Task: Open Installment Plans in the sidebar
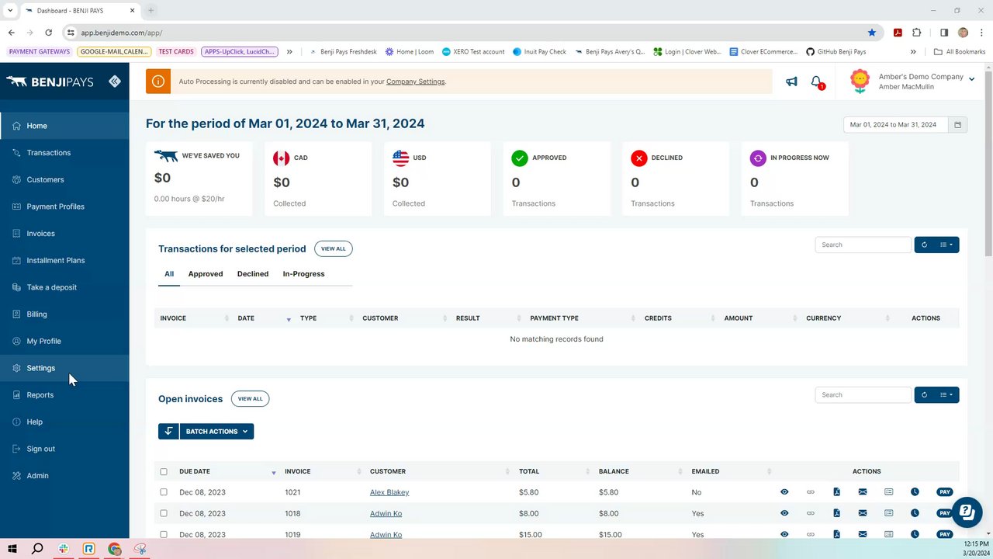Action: click(x=55, y=260)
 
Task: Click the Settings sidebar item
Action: click(x=40, y=368)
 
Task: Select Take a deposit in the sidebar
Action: click(x=51, y=287)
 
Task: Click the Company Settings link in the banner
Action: click(x=415, y=82)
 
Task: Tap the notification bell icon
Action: click(x=816, y=82)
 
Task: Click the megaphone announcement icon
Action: click(x=791, y=82)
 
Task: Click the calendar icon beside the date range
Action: click(x=957, y=124)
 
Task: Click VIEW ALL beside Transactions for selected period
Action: click(x=333, y=248)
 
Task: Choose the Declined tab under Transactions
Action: click(x=252, y=274)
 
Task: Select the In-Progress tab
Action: click(x=303, y=274)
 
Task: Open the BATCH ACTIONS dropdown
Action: click(x=216, y=432)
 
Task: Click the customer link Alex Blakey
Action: click(x=389, y=492)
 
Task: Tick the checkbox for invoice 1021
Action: click(x=164, y=492)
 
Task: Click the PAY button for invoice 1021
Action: click(x=944, y=492)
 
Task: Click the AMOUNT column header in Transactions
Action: click(x=738, y=318)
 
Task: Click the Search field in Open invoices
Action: click(x=862, y=395)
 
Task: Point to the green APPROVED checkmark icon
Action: click(x=520, y=158)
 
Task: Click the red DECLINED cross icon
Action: click(x=639, y=158)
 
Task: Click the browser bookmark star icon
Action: click(x=872, y=33)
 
